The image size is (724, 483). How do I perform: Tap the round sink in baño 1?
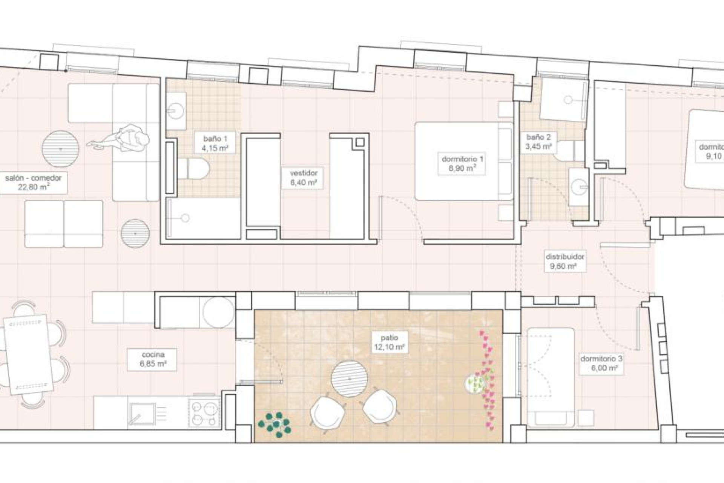pos(175,111)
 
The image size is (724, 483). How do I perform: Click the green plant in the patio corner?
pos(275,425)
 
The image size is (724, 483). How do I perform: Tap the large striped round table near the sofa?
pos(60,149)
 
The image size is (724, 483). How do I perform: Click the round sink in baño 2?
pos(578,187)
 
